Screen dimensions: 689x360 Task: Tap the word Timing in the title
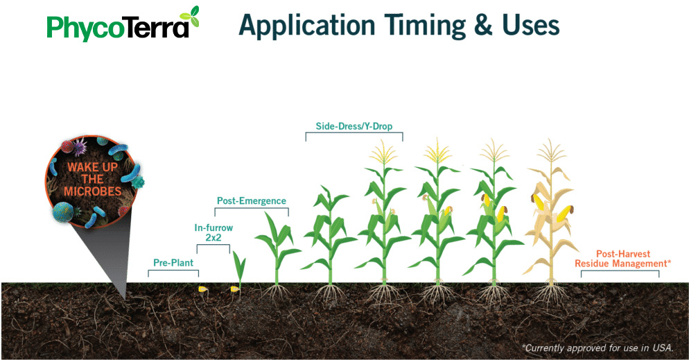coord(424,26)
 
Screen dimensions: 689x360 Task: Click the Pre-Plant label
coord(173,263)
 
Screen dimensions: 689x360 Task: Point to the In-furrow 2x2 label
coord(213,232)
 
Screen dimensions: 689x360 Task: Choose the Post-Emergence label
coord(252,201)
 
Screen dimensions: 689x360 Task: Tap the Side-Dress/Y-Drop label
coord(354,126)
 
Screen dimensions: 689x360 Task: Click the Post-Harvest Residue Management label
coord(622,259)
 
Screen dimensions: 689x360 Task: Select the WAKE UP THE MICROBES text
coord(93,180)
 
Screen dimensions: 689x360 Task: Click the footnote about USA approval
coord(598,348)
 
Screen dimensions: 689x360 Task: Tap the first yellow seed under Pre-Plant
coord(202,289)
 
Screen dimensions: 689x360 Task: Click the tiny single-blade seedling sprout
coord(239,269)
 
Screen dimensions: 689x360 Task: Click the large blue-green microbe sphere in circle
coord(63,212)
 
